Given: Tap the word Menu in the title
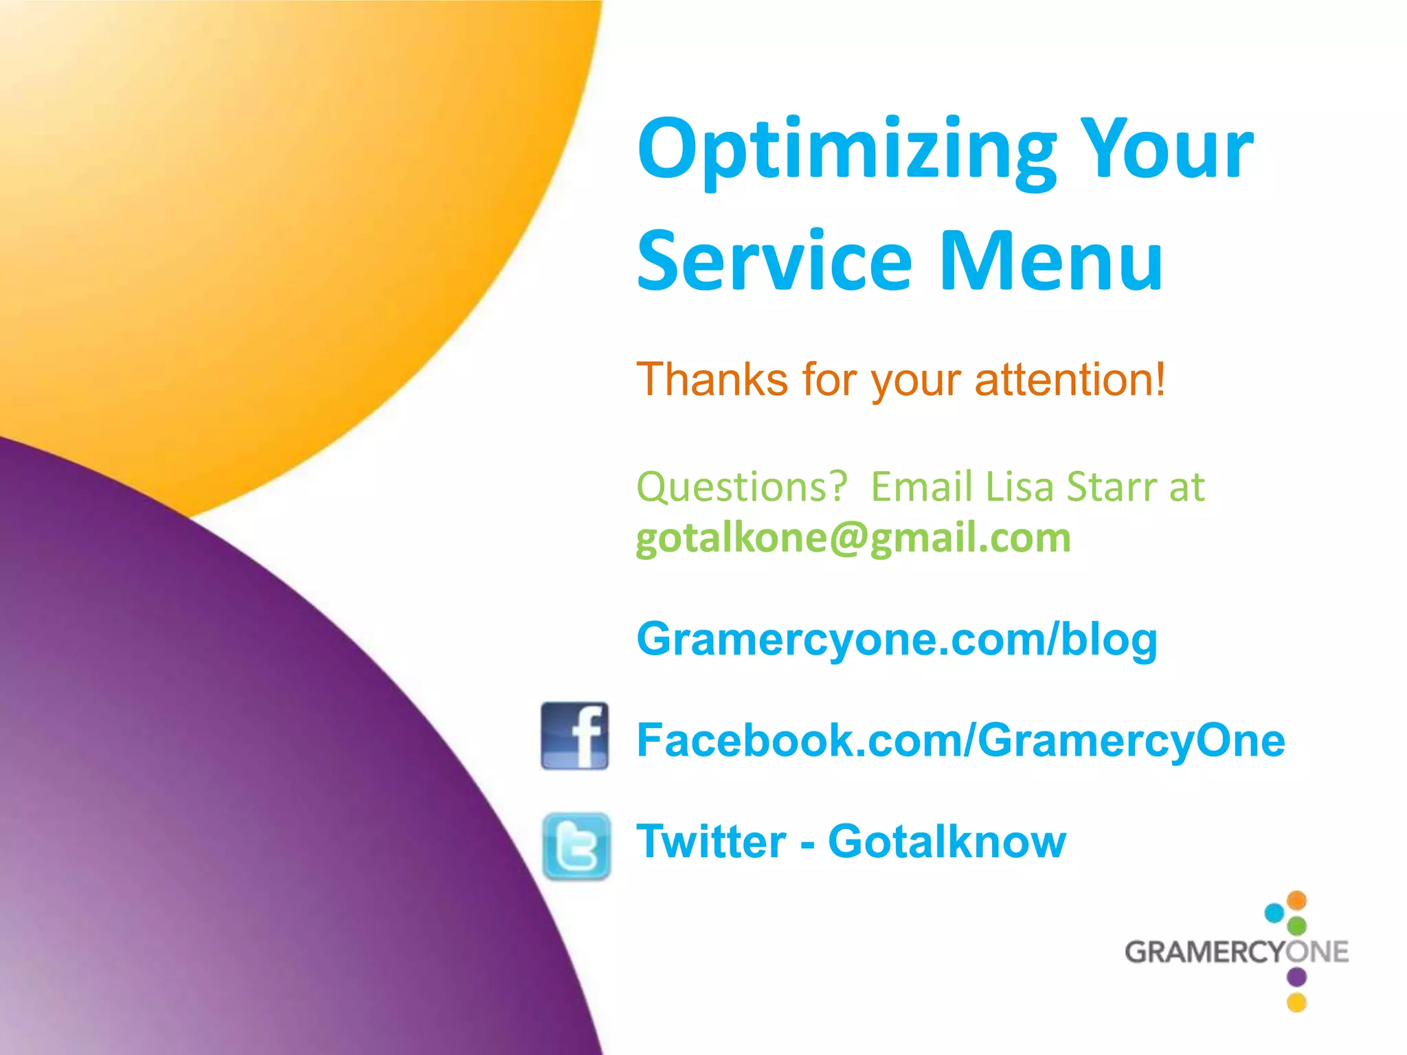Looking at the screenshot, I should coord(1050,262).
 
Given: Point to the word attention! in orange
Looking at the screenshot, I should coord(1070,379).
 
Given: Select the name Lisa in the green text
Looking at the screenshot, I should coord(1020,487).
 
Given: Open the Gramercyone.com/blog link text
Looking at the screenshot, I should coord(897,639).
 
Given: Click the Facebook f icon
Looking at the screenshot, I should coord(574,736).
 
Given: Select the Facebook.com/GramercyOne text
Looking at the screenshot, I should coord(960,740).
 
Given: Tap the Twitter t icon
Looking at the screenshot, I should coord(576,846).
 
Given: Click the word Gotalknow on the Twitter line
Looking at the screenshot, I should coord(947,841).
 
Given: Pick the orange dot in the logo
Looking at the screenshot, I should coord(1296,900).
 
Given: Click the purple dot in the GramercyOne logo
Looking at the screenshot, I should coord(1296,976).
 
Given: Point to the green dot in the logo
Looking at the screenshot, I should coord(1296,925).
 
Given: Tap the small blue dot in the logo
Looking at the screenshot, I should coord(1274,913).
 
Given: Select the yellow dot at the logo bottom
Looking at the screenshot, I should coord(1296,1002).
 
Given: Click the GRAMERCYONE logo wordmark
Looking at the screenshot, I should coord(1235,952).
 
